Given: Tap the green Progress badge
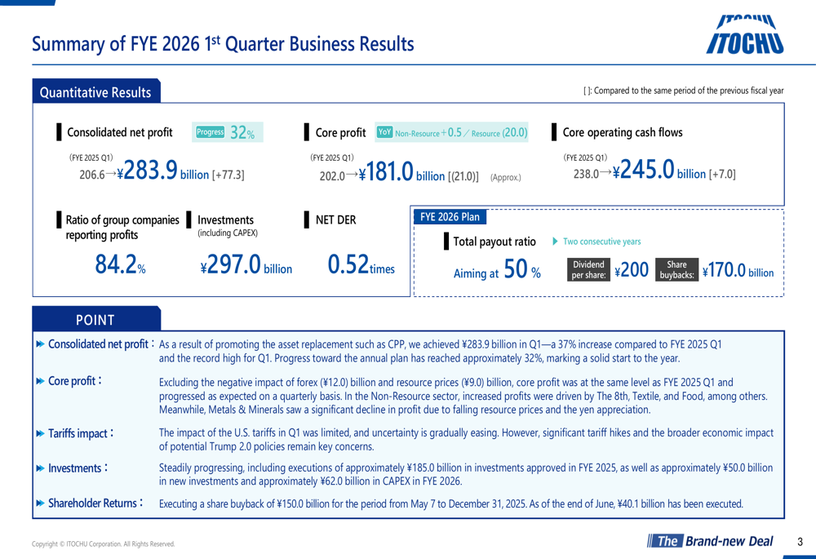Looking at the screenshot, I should tap(211, 132).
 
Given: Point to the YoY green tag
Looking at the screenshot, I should tap(385, 132).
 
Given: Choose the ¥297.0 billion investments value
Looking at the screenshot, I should tap(246, 265).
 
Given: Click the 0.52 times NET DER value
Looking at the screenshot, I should tap(360, 264).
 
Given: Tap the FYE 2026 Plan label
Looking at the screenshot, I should tap(450, 217).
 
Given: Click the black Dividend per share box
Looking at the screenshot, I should tap(588, 270).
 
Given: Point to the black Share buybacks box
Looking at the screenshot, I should tap(676, 270).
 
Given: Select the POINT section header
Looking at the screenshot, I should tap(95, 320).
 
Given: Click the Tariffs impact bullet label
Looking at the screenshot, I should tap(78, 433).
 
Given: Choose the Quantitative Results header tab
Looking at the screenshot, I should tap(96, 92).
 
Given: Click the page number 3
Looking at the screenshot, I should tap(800, 541).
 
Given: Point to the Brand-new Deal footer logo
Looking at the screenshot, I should tap(708, 541).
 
